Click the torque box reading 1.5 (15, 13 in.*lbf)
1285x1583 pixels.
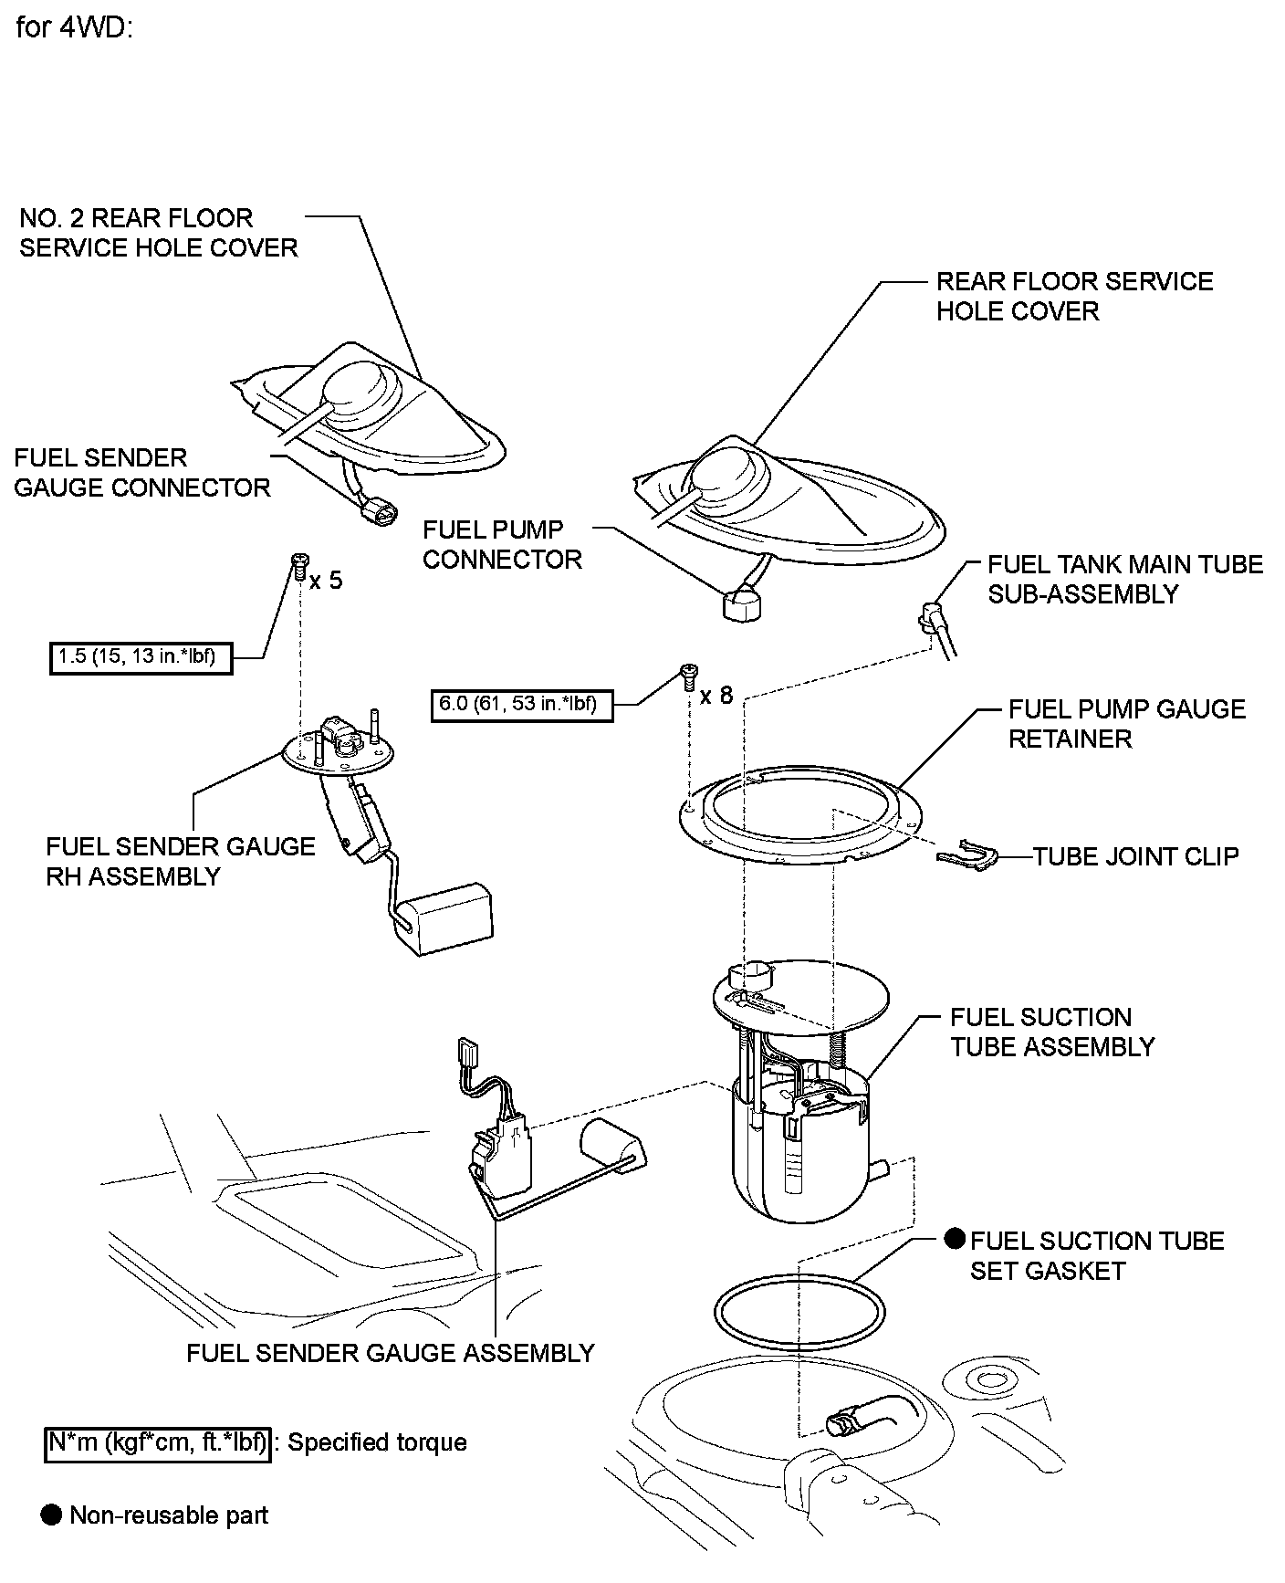point(141,656)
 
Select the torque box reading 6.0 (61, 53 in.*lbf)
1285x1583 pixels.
point(521,705)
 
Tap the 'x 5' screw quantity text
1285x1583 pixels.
point(326,581)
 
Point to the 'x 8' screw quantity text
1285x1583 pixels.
point(716,696)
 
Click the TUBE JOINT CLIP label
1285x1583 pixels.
point(1135,856)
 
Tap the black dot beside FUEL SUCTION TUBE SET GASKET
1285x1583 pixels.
point(955,1239)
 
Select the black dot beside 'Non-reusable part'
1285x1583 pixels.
point(51,1515)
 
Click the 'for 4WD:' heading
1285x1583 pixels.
point(75,28)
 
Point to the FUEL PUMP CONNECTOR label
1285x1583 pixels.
point(502,544)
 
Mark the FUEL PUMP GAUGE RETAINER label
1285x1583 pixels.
point(1126,724)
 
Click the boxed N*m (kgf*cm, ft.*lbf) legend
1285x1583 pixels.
point(158,1442)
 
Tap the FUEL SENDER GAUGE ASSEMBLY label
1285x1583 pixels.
point(391,1353)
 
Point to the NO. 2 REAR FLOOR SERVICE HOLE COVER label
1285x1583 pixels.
point(159,233)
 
